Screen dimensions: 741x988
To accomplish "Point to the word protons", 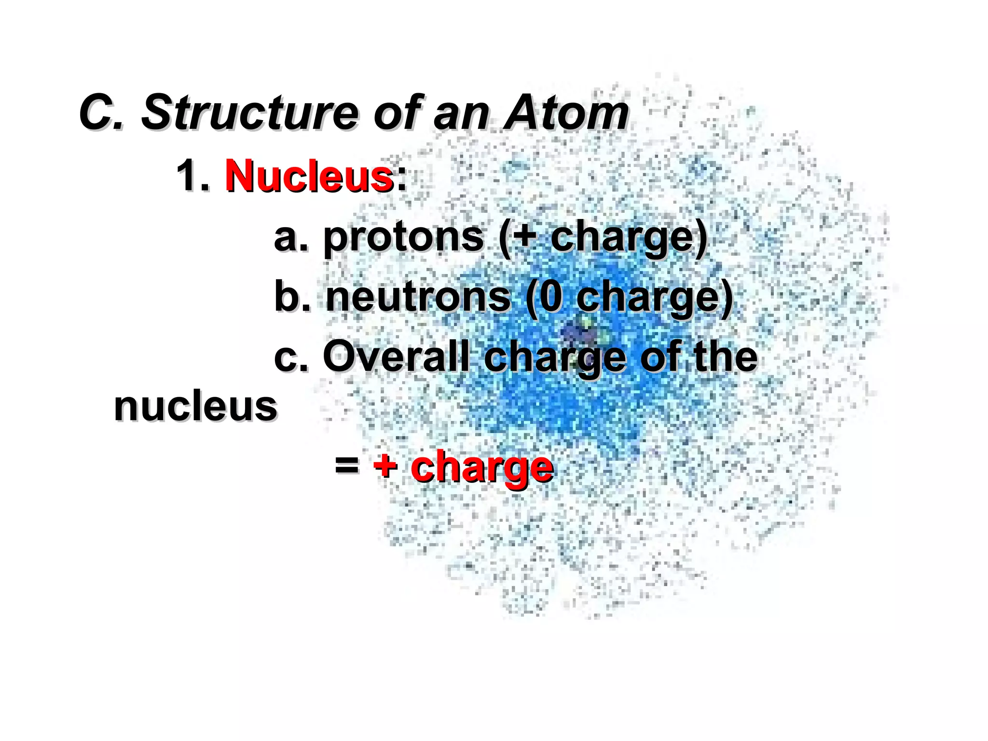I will tap(403, 237).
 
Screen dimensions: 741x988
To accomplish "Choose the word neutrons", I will tap(418, 297).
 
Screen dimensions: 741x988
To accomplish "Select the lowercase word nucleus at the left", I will tap(195, 407).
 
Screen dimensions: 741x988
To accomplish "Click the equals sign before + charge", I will tap(347, 466).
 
